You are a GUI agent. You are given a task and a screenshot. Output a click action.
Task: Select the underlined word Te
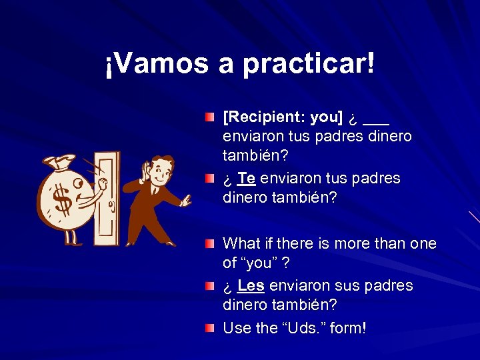pyautogui.click(x=246, y=179)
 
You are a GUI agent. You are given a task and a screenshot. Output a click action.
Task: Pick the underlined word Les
pyautogui.click(x=251, y=286)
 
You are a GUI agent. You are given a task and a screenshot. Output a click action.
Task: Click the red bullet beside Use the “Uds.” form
pyautogui.click(x=210, y=328)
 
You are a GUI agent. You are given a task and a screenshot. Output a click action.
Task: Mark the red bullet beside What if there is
pyautogui.click(x=210, y=244)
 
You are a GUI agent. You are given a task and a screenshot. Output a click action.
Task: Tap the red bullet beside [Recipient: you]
pyautogui.click(x=210, y=118)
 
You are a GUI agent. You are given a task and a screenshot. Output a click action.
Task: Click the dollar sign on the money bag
pyautogui.click(x=61, y=199)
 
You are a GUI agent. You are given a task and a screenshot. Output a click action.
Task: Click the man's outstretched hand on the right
pyautogui.click(x=187, y=199)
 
